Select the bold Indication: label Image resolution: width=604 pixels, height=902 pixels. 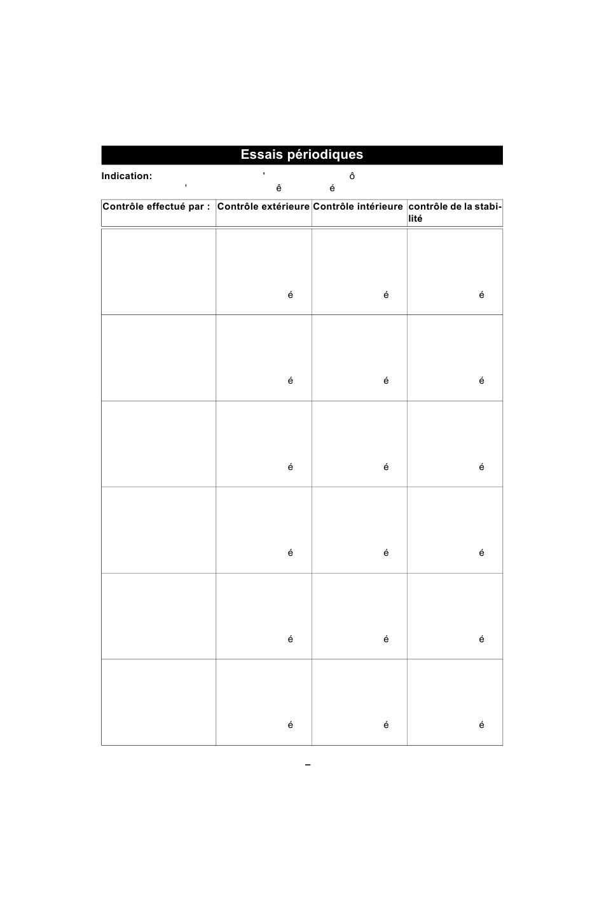pyautogui.click(x=127, y=176)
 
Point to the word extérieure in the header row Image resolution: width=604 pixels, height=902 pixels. pyautogui.click(x=285, y=206)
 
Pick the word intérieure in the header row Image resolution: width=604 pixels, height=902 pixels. pyautogui.click(x=380, y=206)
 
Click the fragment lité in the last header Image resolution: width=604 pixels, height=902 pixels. pyautogui.click(x=415, y=219)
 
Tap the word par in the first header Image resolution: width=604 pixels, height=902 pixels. pyautogui.click(x=196, y=206)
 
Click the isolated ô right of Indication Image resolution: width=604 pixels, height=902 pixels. pyautogui.click(x=352, y=176)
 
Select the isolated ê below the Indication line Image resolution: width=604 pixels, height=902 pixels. pyautogui.click(x=278, y=188)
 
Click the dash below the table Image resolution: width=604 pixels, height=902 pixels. pyautogui.click(x=308, y=765)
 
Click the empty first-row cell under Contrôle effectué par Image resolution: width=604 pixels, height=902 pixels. pyautogui.click(x=158, y=272)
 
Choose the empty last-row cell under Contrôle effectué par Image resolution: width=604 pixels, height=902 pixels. pyautogui.click(x=158, y=702)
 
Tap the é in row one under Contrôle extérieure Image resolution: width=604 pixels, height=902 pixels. pyautogui.click(x=291, y=295)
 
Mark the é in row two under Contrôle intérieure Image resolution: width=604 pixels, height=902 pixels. pyautogui.click(x=386, y=380)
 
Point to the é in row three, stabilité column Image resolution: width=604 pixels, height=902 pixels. pyautogui.click(x=481, y=467)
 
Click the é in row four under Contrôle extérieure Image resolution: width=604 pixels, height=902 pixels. pyautogui.click(x=291, y=553)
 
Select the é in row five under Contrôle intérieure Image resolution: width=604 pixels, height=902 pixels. pyautogui.click(x=386, y=639)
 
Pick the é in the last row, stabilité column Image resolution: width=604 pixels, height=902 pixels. pyautogui.click(x=481, y=725)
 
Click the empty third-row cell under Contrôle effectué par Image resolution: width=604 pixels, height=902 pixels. pyautogui.click(x=158, y=444)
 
